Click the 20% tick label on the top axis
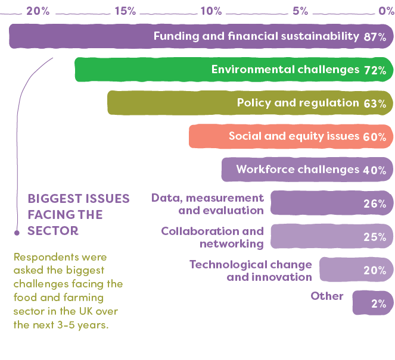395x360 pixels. (38, 11)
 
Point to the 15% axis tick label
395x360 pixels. (125, 11)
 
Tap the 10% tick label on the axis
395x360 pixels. (212, 11)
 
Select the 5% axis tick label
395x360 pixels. (300, 11)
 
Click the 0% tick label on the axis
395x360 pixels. (386, 11)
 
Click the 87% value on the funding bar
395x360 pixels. (375, 37)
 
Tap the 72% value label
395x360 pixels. (375, 70)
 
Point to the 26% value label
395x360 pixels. (375, 204)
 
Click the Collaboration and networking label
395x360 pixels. (213, 237)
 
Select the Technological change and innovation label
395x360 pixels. (251, 270)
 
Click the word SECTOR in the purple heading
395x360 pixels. (53, 230)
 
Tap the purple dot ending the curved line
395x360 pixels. (17, 232)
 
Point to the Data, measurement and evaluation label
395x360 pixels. (207, 204)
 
